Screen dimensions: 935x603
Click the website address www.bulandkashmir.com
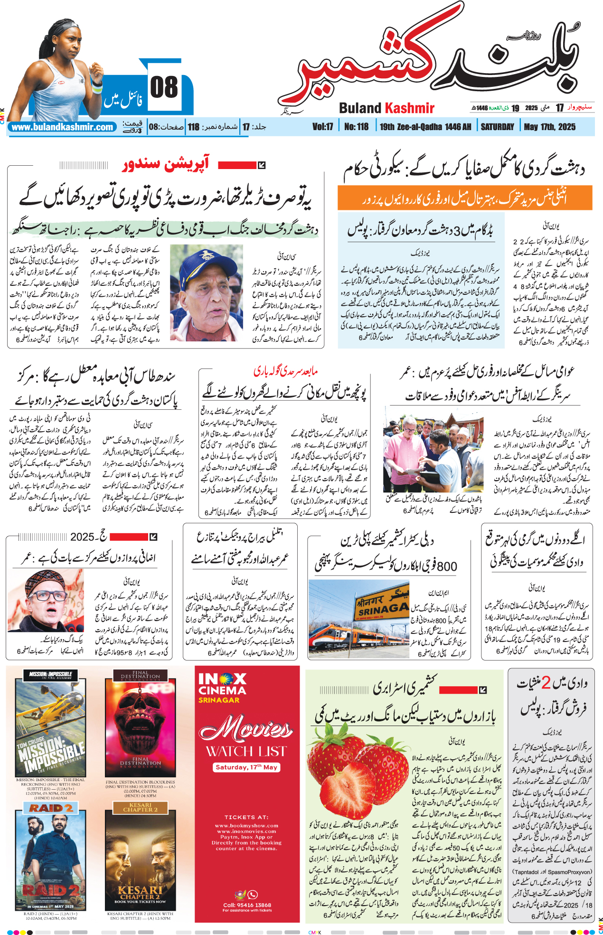[x=63, y=127]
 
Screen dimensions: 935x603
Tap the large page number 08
[x=164, y=88]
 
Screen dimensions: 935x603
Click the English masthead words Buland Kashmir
[x=386, y=108]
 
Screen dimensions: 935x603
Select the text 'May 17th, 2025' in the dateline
[x=549, y=127]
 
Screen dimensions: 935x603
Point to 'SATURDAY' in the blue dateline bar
[x=497, y=127]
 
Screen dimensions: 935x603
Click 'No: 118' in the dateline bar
[x=356, y=127]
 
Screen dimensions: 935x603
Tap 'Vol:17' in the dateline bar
[x=322, y=127]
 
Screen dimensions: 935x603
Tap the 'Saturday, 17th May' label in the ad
[x=246, y=767]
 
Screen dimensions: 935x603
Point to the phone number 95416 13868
[x=247, y=905]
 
